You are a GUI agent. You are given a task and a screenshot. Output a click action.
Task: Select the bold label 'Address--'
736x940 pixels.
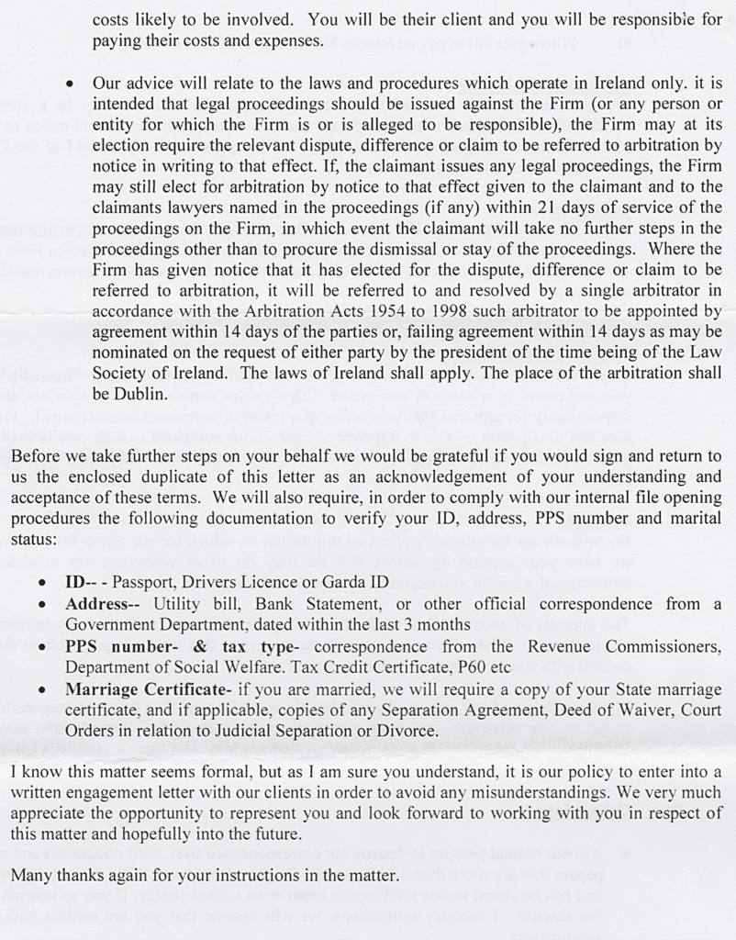click(x=102, y=603)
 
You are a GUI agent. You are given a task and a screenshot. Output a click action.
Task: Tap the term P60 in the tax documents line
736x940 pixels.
click(x=463, y=667)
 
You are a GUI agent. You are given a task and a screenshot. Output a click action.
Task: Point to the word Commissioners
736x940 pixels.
click(x=664, y=646)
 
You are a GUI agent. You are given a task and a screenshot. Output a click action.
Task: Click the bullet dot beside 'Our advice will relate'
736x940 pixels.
click(x=70, y=84)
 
